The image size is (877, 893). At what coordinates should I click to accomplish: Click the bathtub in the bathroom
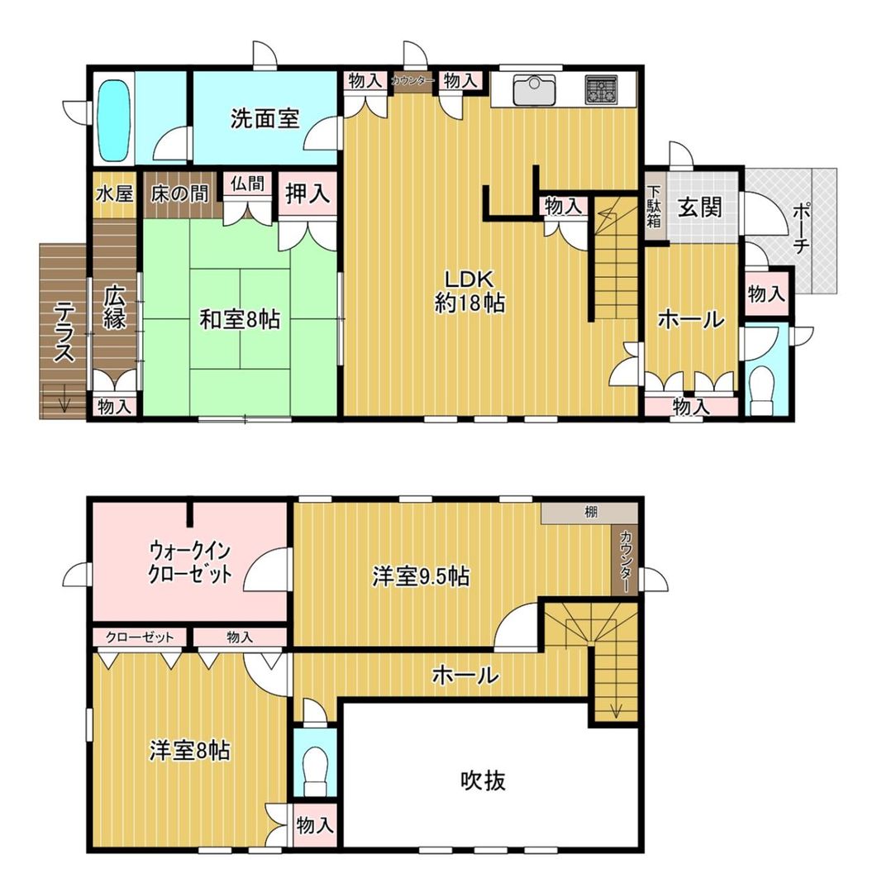tap(114, 119)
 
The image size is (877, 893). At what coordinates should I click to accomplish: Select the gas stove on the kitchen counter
tap(601, 88)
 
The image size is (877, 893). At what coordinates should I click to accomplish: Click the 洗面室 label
tap(265, 119)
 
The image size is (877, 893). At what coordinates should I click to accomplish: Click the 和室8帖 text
tap(239, 319)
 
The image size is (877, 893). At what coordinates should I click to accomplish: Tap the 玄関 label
tap(699, 207)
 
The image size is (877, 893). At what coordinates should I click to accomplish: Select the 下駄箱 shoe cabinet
tap(654, 208)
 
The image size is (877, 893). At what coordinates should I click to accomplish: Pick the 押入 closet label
tap(307, 194)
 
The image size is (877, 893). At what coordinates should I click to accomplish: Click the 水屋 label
tap(114, 194)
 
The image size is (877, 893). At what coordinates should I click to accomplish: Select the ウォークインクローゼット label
tap(189, 561)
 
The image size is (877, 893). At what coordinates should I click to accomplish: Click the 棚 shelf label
tap(590, 513)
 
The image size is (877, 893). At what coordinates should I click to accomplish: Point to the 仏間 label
tap(247, 184)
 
